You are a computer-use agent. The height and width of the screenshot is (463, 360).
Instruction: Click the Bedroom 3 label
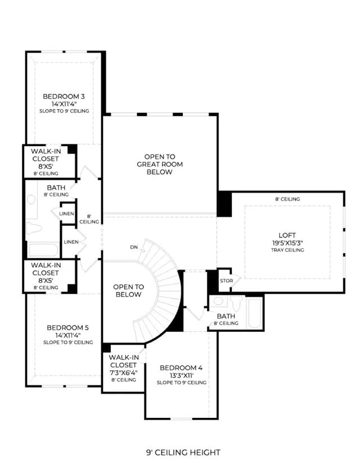pos(64,96)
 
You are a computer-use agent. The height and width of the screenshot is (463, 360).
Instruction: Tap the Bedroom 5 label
pos(67,328)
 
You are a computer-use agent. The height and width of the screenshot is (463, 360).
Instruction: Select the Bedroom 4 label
pos(181,368)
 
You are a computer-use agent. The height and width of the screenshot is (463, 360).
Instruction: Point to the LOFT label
pos(287,235)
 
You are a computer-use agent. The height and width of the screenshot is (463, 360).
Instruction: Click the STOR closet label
pos(227,281)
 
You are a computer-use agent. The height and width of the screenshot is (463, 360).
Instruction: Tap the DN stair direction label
pos(134,247)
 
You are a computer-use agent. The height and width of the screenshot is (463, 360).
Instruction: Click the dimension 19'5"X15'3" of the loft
pos(287,243)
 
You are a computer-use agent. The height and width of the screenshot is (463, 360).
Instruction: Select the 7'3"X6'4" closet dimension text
pos(123,372)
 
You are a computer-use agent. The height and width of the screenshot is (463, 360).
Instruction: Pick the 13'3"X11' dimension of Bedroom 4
pos(181,376)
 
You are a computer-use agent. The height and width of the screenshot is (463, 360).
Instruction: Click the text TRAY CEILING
pos(287,250)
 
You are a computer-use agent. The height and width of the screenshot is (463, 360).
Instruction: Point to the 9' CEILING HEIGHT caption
pos(183,452)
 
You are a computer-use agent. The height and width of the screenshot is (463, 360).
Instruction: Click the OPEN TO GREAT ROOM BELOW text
pos(160,164)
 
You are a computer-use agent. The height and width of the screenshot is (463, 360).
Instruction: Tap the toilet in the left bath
pos(33,228)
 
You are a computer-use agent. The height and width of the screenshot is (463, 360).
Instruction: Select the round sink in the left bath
pos(31,199)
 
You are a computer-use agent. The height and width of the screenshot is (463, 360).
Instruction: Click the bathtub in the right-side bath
pos(254,313)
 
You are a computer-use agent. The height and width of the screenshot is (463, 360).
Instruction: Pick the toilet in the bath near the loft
pos(236,303)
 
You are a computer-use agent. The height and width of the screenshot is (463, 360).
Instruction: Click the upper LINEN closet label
pos(66,213)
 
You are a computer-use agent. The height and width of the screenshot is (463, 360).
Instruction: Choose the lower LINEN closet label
pos(71,242)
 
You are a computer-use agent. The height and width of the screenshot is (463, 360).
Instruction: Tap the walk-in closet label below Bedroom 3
pos(46,162)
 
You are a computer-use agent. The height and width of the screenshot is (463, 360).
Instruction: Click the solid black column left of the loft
pos(224,204)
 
